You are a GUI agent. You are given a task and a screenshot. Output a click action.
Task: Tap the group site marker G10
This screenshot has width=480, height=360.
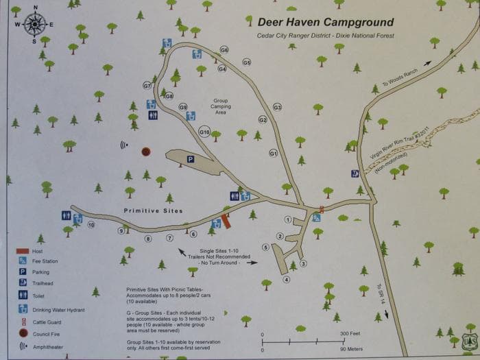click(x=204, y=132)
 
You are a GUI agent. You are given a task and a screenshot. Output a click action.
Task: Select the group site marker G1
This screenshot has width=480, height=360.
click(x=273, y=154)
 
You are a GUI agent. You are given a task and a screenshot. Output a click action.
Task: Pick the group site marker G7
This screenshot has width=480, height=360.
click(x=147, y=86)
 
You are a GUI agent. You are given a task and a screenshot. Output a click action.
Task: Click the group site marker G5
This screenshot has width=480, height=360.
click(x=246, y=62)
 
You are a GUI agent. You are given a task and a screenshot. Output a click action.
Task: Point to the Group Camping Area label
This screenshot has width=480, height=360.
click(x=221, y=106)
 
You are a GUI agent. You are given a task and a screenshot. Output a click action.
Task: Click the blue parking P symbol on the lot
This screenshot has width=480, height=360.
click(x=191, y=159)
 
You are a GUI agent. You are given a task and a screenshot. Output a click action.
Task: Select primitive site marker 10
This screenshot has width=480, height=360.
click(x=91, y=224)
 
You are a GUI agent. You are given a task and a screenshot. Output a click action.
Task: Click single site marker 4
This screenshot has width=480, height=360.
click(x=287, y=279)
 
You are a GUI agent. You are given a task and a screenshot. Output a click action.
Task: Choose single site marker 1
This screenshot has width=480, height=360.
click(x=288, y=220)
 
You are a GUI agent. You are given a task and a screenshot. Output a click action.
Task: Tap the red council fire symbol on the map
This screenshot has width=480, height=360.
click(x=145, y=151)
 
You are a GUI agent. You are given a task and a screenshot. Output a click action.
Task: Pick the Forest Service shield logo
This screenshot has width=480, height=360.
click(x=468, y=340)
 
